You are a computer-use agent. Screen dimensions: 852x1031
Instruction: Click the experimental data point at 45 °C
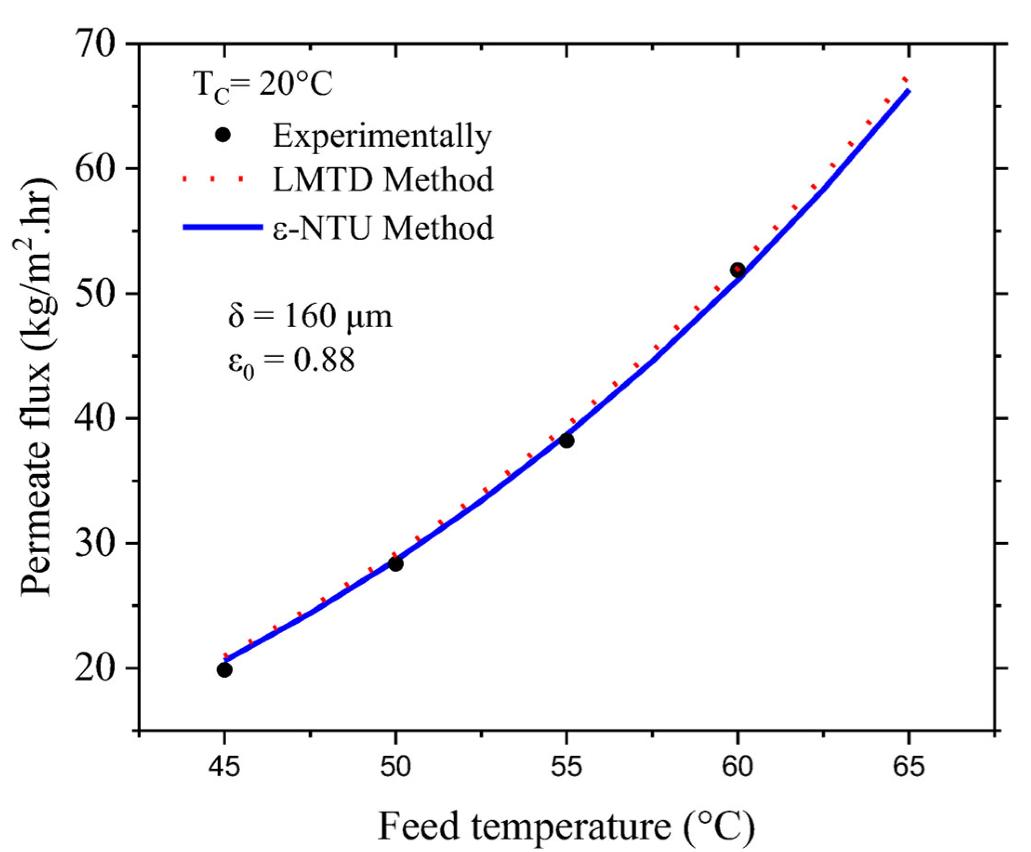(x=224, y=669)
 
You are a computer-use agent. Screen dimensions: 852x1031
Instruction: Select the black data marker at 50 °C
(x=395, y=564)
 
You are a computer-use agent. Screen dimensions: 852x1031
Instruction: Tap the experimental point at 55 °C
(x=566, y=441)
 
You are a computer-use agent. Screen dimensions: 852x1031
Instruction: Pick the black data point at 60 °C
(x=737, y=270)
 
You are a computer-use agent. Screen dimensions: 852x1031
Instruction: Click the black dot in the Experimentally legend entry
(x=223, y=135)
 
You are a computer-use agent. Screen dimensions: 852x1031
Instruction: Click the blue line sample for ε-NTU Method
(x=223, y=227)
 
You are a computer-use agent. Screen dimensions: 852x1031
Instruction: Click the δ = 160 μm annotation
(x=310, y=317)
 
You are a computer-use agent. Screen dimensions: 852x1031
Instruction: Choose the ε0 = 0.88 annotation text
(x=291, y=362)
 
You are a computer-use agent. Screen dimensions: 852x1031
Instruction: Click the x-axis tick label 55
(x=566, y=767)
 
